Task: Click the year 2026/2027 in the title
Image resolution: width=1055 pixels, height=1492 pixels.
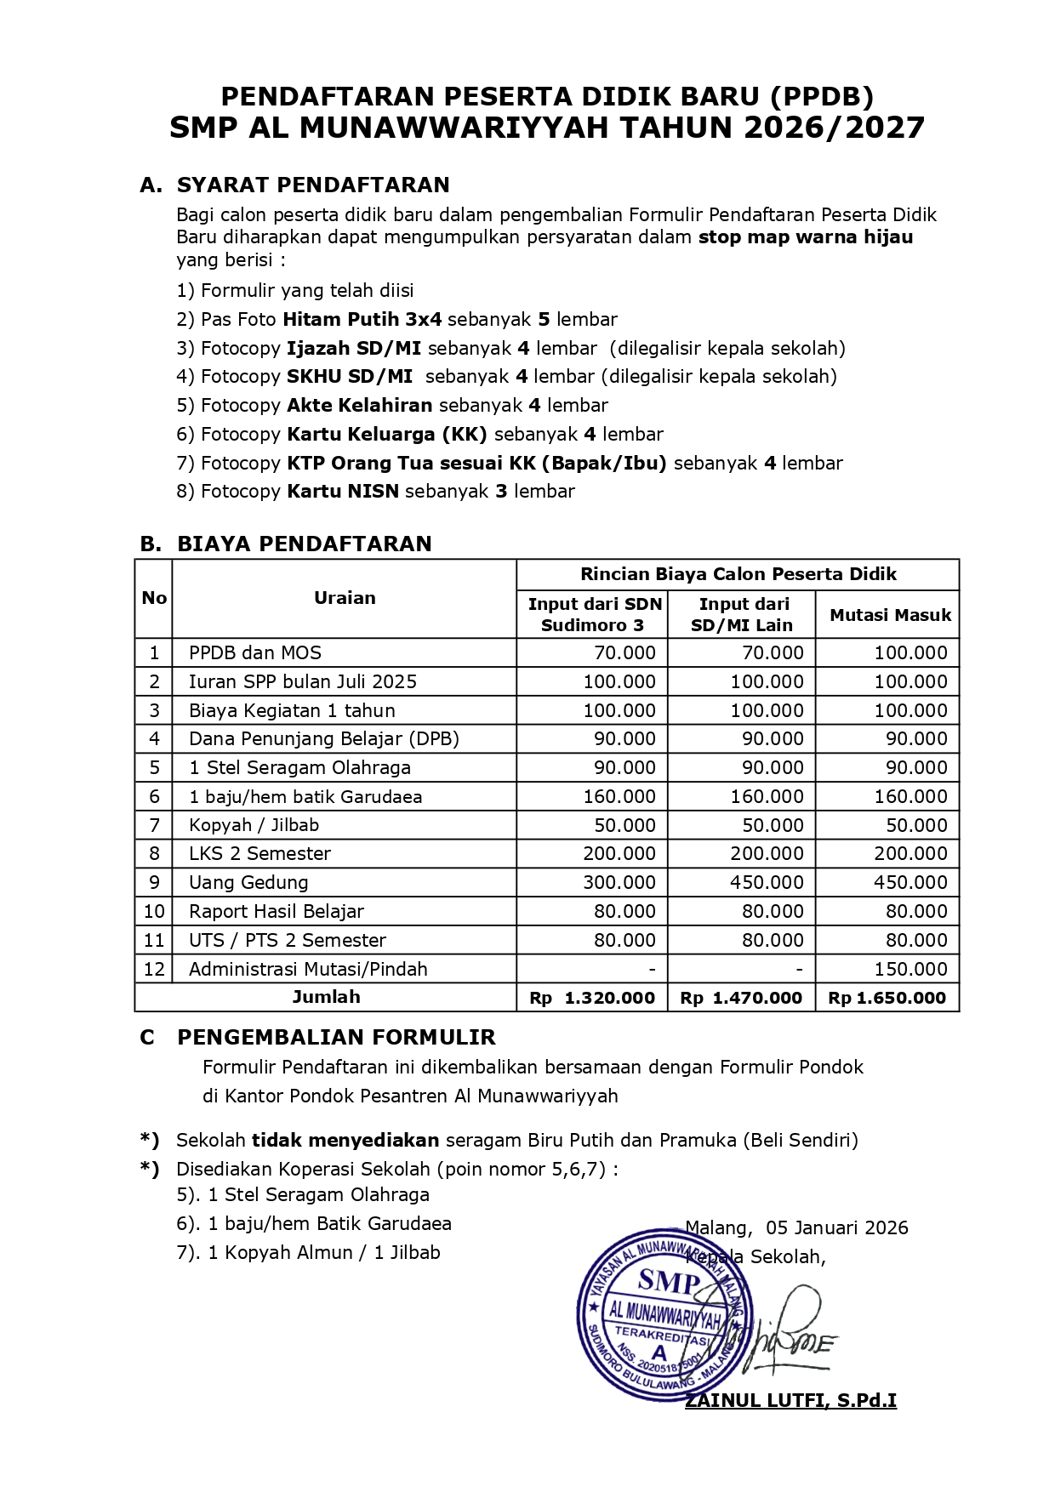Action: pos(834,128)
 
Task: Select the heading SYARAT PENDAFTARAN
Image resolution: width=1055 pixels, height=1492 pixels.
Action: pos(313,185)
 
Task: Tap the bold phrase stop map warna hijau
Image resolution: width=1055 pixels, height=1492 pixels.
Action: pos(806,237)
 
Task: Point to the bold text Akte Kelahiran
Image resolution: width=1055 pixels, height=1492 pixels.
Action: pos(360,405)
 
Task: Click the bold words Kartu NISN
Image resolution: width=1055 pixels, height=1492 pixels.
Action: pos(343,491)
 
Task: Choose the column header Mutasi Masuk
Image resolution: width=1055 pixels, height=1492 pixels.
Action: pos(890,615)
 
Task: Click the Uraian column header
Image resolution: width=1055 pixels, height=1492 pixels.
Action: pos(345,598)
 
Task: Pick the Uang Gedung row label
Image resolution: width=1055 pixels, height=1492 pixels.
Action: pos(248,882)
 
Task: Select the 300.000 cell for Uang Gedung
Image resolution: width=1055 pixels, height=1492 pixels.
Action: pos(619,882)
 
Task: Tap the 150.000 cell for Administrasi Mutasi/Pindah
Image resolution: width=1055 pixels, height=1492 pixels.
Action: pos(910,969)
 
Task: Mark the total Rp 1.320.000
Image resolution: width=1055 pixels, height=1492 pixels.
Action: pos(593,998)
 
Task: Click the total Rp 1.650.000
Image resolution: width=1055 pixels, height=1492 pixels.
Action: pos(887,998)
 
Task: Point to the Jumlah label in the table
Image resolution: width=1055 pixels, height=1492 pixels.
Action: pos(327,997)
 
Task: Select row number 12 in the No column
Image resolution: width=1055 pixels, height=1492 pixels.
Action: pos(154,969)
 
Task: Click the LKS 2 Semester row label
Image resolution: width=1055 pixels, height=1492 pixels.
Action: pos(259,853)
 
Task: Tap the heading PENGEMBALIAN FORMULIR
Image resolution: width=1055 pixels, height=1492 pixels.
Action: pos(336,1037)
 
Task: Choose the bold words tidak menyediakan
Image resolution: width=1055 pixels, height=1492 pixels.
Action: pos(345,1140)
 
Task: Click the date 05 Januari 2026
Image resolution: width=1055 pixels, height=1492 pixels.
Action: pos(837,1227)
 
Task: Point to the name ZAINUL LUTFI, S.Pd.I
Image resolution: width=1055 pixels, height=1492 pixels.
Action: pos(791,1400)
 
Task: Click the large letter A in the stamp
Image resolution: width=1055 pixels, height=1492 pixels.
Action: pos(659,1352)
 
